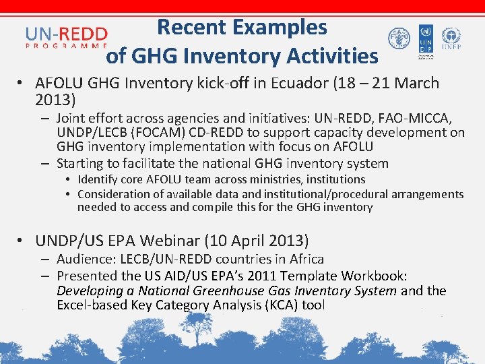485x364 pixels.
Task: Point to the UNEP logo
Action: coord(451,39)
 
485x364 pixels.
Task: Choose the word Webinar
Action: coord(179,241)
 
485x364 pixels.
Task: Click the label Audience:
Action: coord(84,260)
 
